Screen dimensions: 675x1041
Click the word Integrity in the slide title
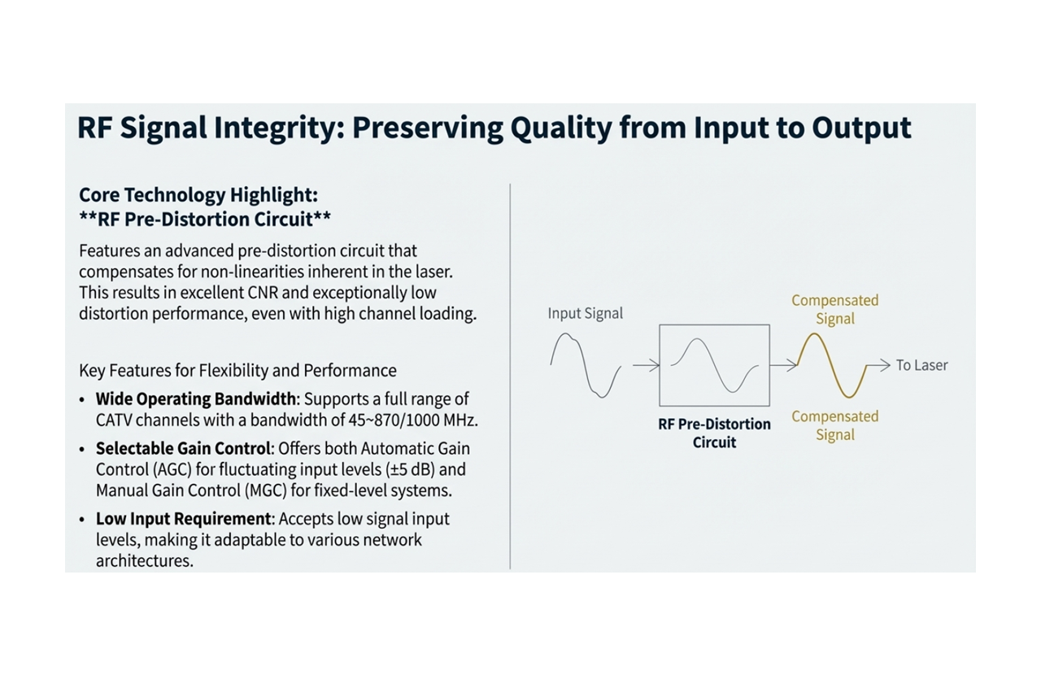pyautogui.click(x=272, y=128)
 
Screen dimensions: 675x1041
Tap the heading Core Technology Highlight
pyautogui.click(x=198, y=195)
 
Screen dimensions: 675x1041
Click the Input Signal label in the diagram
pyautogui.click(x=585, y=313)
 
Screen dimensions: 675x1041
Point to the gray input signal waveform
pyautogui.click(x=586, y=365)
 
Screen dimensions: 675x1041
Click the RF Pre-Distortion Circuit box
pyautogui.click(x=714, y=365)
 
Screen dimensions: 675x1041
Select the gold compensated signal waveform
pyautogui.click(x=834, y=366)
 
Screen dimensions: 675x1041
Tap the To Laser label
pyautogui.click(x=921, y=365)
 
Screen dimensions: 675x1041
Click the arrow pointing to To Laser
pyautogui.click(x=878, y=366)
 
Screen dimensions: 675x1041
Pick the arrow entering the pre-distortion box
pyautogui.click(x=646, y=366)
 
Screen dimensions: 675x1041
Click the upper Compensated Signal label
pyautogui.click(x=834, y=309)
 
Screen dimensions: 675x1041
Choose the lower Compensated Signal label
pyautogui.click(x=834, y=425)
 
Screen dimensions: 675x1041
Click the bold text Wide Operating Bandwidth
pyautogui.click(x=196, y=399)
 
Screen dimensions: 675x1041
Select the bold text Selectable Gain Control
pyautogui.click(x=183, y=448)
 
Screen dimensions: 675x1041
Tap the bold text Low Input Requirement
pyautogui.click(x=183, y=519)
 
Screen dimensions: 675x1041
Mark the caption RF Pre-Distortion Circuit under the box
pyautogui.click(x=714, y=433)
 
